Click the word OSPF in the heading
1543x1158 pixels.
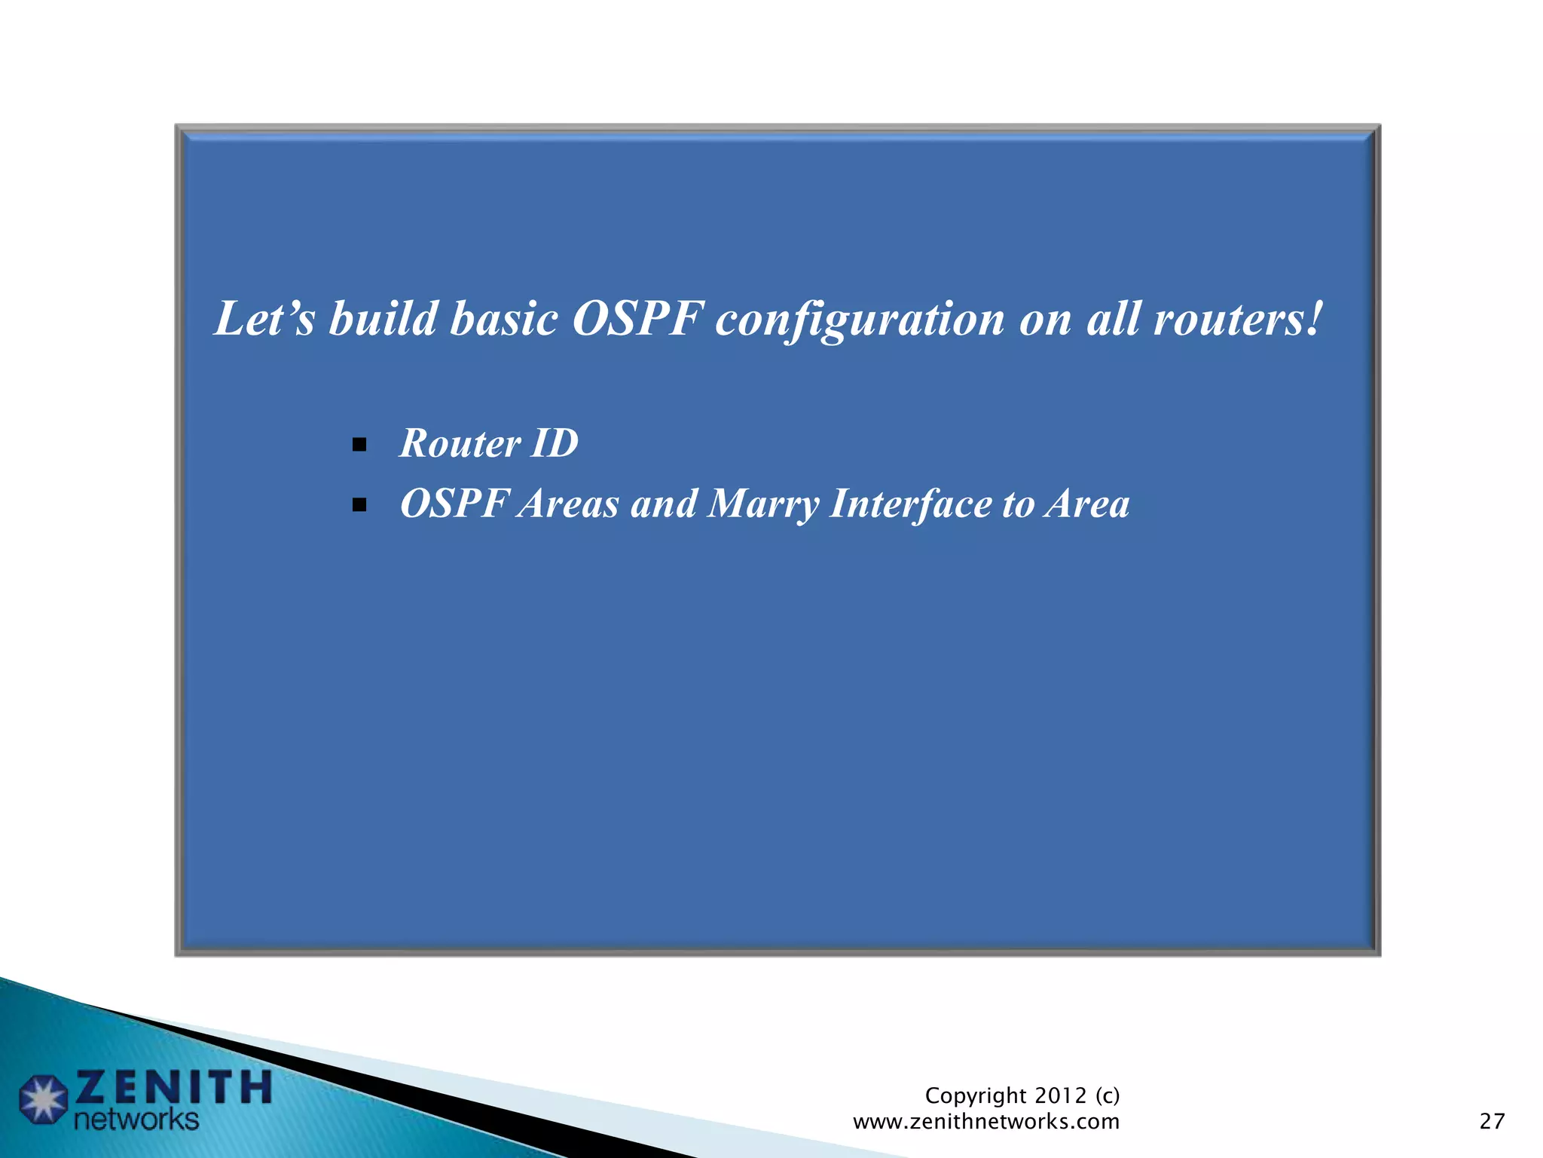[637, 319]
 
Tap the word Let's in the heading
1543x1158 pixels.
[264, 319]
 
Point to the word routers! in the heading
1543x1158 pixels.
[1238, 319]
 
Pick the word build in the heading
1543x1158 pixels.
[383, 319]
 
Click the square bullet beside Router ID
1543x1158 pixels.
[359, 445]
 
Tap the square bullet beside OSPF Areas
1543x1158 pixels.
[359, 505]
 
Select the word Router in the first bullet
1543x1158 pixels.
[460, 443]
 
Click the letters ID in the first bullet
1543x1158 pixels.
[555, 443]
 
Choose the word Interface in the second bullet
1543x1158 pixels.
[911, 504]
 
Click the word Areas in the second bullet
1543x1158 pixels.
[569, 504]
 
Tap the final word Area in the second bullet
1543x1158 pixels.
[1086, 504]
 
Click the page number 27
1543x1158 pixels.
[1492, 1121]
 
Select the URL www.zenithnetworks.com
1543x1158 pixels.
[985, 1122]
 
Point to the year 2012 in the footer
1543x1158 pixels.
[1061, 1095]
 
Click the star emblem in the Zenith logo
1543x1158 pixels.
[44, 1099]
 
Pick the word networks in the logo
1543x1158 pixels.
[136, 1120]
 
